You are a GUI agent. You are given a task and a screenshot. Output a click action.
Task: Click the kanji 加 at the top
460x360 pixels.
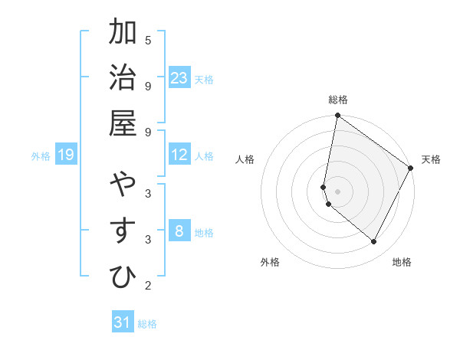[124, 33]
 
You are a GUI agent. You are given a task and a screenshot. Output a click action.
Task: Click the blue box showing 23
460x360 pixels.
[179, 78]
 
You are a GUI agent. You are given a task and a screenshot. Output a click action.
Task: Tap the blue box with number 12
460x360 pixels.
[179, 155]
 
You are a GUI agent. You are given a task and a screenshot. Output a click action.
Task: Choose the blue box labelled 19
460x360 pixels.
[66, 155]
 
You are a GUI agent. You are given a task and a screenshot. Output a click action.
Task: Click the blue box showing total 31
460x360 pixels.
[123, 322]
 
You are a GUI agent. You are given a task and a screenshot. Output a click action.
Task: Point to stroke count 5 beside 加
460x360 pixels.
[148, 40]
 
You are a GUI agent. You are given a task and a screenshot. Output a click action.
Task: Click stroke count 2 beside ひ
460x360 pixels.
[148, 286]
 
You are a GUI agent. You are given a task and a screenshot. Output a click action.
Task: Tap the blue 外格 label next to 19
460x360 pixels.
[41, 156]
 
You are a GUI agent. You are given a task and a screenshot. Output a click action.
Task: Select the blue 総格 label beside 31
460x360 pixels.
[147, 324]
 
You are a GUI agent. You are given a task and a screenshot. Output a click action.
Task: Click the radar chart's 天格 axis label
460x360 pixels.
[431, 159]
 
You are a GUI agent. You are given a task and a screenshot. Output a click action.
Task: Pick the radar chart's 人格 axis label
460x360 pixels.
[245, 159]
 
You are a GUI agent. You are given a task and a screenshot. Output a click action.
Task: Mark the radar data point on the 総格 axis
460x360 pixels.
[337, 116]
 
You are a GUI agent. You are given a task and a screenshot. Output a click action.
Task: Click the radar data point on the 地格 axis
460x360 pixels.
[374, 242]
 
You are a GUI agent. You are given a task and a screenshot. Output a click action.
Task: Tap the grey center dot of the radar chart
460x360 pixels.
[337, 191]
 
